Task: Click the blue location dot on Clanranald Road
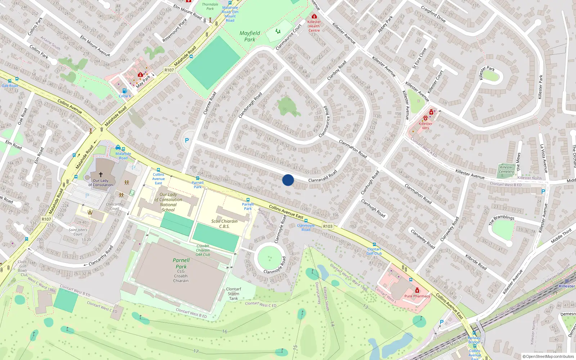point(288,180)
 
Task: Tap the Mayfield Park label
point(249,36)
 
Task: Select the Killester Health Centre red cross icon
point(314,17)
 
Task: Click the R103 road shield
point(328,226)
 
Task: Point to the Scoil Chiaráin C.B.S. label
point(224,224)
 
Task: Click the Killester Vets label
point(426,126)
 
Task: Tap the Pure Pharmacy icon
point(417,291)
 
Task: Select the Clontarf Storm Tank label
point(234,293)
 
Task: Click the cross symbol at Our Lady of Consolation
point(101,174)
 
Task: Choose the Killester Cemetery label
point(506,169)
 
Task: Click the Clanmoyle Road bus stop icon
point(306,221)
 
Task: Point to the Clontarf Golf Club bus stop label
point(374,251)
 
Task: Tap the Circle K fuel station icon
point(124,91)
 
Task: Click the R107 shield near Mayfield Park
point(169,70)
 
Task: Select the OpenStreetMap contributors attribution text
point(548,356)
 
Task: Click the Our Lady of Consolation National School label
point(168,202)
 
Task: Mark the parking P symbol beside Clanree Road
point(187,141)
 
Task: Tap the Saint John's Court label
point(78,232)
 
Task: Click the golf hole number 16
point(225,332)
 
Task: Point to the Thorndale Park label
point(210,6)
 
